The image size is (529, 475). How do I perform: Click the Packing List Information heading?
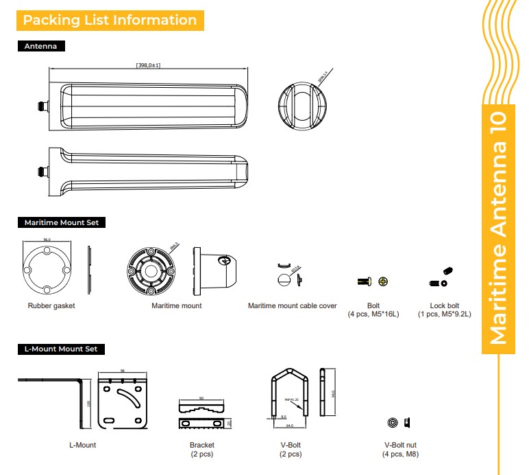coord(110,20)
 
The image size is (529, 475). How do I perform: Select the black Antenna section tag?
coord(40,47)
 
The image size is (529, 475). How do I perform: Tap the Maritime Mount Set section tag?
coord(61,222)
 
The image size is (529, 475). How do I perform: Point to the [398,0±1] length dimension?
coord(149,65)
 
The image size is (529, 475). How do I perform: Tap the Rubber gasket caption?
coord(51,305)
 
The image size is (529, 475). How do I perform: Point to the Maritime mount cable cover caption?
coord(293,305)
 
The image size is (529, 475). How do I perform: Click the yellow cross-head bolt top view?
coord(383,281)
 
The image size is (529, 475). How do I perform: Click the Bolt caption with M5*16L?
coord(373,310)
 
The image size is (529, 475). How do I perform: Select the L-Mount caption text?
coord(82,445)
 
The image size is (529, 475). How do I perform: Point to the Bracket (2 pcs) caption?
coord(201,449)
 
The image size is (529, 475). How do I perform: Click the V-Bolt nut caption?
coord(401,449)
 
